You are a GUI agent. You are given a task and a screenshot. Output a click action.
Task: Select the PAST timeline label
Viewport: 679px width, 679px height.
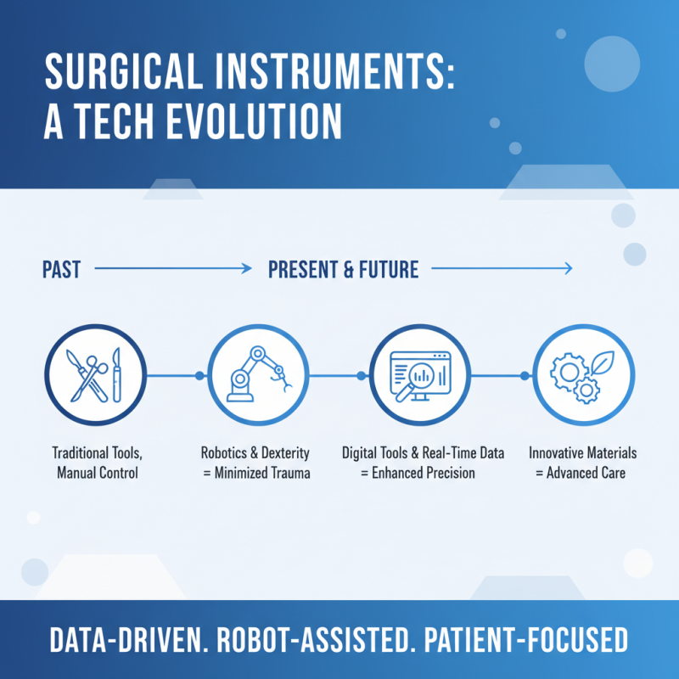click(x=61, y=270)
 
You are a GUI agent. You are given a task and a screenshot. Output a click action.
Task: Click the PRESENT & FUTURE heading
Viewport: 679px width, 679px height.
click(x=343, y=270)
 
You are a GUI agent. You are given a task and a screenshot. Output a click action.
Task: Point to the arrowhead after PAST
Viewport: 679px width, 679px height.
click(x=248, y=270)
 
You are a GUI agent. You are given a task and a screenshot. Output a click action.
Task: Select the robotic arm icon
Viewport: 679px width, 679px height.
click(x=254, y=374)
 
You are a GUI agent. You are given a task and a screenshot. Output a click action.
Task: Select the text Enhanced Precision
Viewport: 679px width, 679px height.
click(x=428, y=473)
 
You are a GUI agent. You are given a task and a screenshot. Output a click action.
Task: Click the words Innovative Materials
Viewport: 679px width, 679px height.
click(x=582, y=452)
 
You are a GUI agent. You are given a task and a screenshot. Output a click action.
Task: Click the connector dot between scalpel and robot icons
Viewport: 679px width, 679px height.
click(x=199, y=375)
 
